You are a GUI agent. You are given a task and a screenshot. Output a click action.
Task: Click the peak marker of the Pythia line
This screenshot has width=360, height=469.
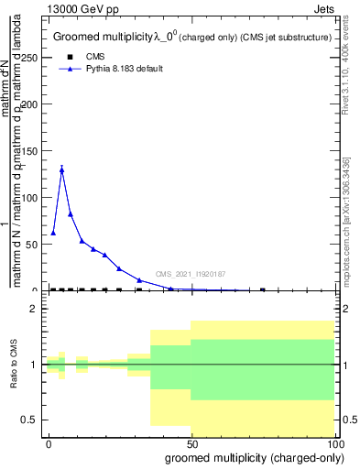click(61, 169)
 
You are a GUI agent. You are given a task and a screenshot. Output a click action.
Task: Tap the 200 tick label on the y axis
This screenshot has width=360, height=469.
click(30, 104)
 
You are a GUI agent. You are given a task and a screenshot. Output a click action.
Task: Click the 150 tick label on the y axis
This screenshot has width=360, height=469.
click(30, 150)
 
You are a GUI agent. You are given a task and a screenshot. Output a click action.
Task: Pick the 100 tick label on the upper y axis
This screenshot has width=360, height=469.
click(30, 197)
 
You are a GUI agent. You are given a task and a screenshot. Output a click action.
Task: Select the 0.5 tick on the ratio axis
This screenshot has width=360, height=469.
click(32, 420)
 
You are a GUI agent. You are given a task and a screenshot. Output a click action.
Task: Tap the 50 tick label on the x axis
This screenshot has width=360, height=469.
click(191, 442)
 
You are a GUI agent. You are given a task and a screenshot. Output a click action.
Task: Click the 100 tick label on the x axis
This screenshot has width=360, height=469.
click(334, 442)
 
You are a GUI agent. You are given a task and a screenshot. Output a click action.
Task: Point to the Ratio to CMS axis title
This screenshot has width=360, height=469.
click(15, 365)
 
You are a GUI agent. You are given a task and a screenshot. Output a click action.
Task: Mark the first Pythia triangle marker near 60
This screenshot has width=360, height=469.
click(53, 233)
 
